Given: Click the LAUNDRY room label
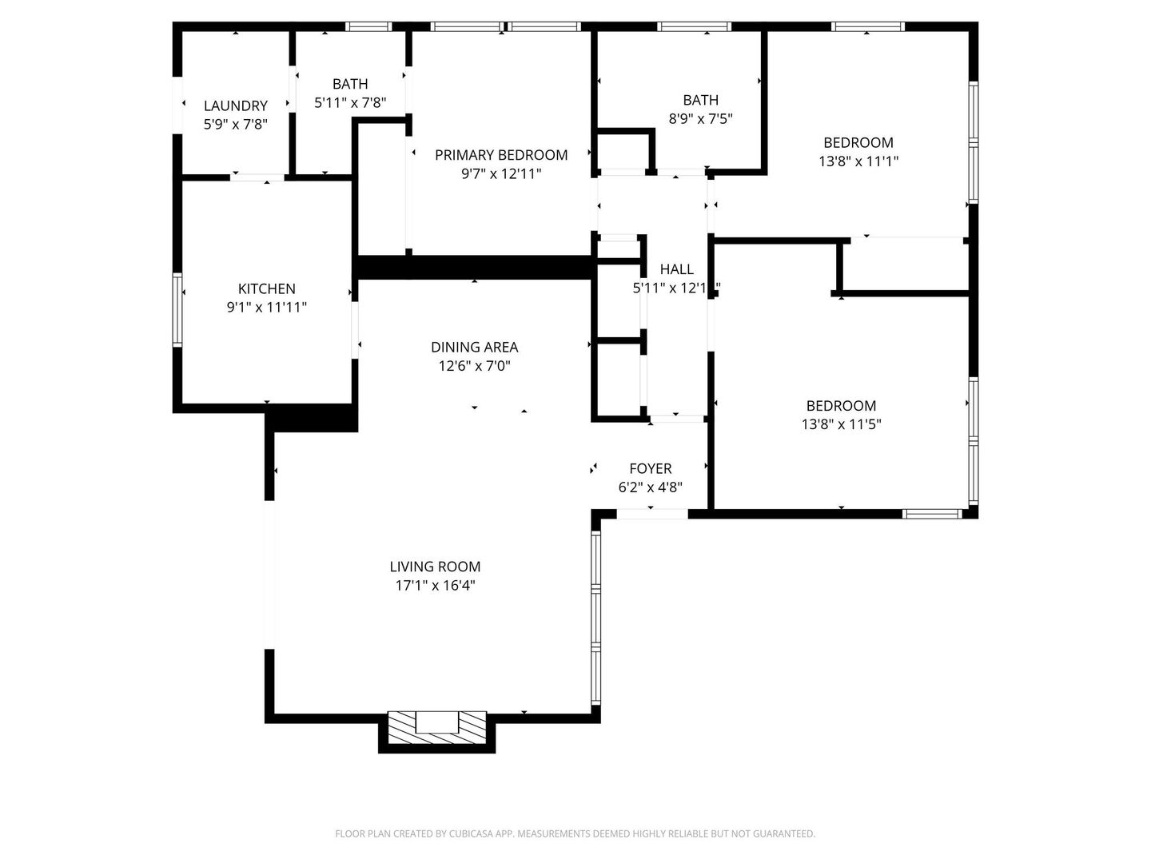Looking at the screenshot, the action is click(236, 105).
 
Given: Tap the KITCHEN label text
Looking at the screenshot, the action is click(266, 288).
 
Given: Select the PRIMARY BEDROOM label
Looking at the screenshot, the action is click(501, 155).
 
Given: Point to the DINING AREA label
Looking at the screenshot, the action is click(475, 347).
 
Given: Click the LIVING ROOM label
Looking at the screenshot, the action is click(436, 567).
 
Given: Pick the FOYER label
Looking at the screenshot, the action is click(650, 468).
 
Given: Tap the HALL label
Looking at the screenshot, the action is click(676, 269).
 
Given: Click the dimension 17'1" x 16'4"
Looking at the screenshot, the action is click(436, 585).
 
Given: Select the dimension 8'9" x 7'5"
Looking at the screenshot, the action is click(700, 119).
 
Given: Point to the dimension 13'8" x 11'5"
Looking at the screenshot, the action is click(841, 424).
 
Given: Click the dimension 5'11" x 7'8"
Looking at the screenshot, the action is click(350, 103).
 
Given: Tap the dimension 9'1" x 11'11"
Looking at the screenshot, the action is click(266, 308).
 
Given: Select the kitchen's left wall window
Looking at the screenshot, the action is click(177, 310).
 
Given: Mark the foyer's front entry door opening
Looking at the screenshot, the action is click(651, 514).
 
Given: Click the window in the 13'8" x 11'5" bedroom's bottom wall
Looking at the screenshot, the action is click(932, 514).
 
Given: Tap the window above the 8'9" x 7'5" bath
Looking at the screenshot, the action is click(694, 26).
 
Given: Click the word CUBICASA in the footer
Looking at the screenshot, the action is click(471, 833).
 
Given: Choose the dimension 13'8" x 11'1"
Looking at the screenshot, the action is click(858, 161).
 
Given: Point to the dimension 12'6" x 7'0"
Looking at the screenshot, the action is click(475, 366).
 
